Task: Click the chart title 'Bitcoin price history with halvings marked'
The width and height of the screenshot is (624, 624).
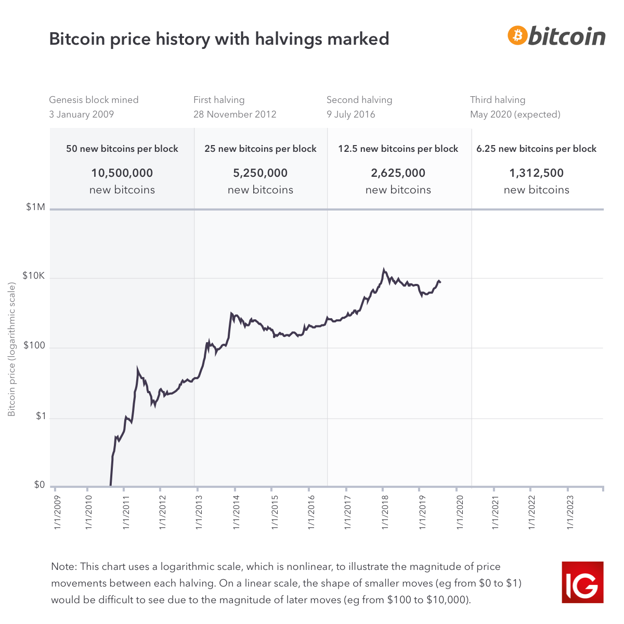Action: point(219,39)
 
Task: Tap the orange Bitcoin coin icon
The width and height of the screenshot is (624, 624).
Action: point(517,35)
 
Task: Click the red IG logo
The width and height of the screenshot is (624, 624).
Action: point(582,582)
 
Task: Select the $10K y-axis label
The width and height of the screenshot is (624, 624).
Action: point(34,276)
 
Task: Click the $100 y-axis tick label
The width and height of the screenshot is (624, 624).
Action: point(35,346)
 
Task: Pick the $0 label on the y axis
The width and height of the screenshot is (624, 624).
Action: point(40,485)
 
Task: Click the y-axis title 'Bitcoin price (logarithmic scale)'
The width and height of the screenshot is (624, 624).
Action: point(12,349)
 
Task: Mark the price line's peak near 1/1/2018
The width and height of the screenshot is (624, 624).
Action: point(384,270)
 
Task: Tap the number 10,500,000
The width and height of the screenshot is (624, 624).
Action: point(122,173)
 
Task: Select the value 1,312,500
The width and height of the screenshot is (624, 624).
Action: point(536,173)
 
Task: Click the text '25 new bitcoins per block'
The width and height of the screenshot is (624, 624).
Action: point(261,149)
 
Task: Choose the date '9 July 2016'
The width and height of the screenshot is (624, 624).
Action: point(351,114)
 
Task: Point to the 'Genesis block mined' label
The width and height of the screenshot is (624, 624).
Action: point(94,100)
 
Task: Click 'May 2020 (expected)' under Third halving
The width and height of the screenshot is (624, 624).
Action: point(515,114)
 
